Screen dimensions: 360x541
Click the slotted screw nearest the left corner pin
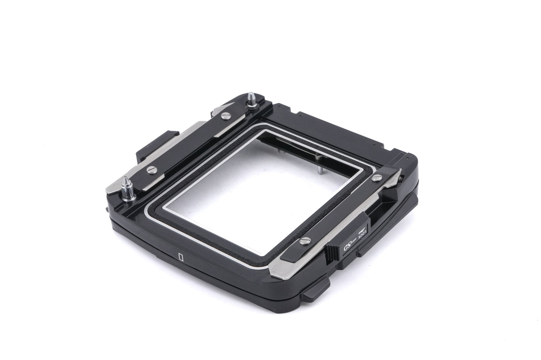[x=152, y=169]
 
